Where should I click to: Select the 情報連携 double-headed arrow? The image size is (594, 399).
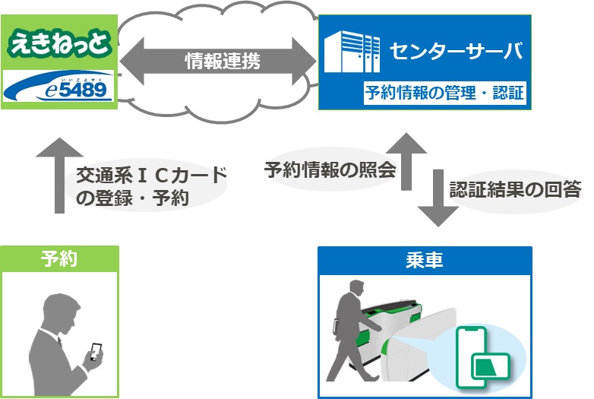218,61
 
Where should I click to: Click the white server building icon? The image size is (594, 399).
352,52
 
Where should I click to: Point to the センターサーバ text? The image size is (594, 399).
456,51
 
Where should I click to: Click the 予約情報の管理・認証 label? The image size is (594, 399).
444,93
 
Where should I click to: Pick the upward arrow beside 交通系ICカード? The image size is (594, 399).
59,175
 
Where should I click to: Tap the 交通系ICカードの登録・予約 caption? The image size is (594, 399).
151,186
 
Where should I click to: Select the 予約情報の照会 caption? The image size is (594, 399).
330,169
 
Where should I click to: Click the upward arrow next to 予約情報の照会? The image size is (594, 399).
406,161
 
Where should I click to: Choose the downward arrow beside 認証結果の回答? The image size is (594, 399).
438,198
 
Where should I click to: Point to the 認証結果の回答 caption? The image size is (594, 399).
515,189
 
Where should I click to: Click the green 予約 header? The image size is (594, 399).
59,259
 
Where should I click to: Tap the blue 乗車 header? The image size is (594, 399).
425,261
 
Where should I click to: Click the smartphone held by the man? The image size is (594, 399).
96,351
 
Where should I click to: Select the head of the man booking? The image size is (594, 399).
61,312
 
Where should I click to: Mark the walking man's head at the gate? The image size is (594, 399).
356,290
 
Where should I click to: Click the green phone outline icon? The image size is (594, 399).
471,357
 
